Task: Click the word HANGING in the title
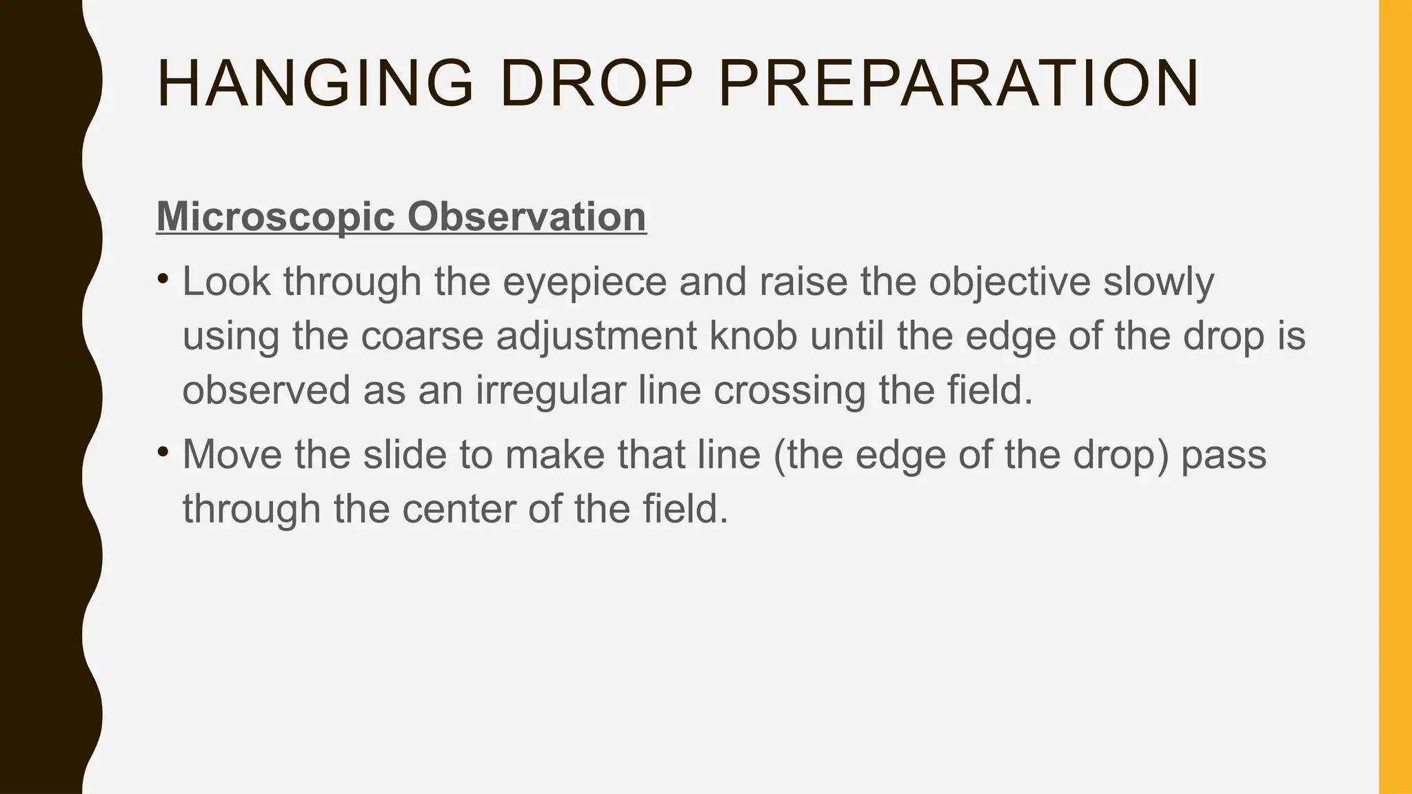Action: [315, 84]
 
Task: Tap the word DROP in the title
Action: [596, 84]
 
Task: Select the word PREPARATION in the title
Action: [958, 84]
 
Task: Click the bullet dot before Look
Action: [163, 279]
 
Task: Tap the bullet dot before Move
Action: [163, 452]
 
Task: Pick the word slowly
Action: [1158, 282]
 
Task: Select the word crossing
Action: [789, 390]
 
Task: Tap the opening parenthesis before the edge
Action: [779, 455]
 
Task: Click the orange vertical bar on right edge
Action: [1395, 397]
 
